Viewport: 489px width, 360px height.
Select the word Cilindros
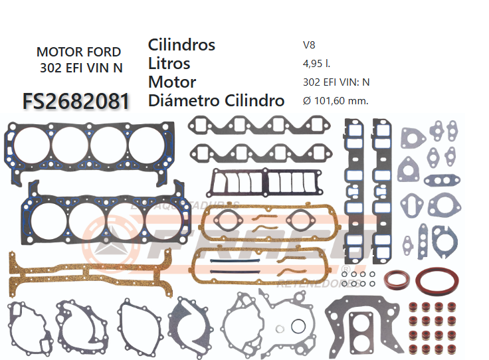coord(181,45)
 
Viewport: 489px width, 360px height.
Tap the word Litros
coord(169,63)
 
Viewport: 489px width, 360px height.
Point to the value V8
coord(309,45)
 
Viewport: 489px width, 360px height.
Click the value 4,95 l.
coord(316,64)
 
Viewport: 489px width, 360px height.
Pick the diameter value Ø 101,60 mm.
coord(335,101)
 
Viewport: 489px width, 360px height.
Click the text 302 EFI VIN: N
coord(336,82)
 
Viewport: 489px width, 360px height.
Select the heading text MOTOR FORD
coord(78,52)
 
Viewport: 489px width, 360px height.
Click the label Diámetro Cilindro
coord(216,101)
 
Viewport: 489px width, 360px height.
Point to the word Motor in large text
coord(172,82)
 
